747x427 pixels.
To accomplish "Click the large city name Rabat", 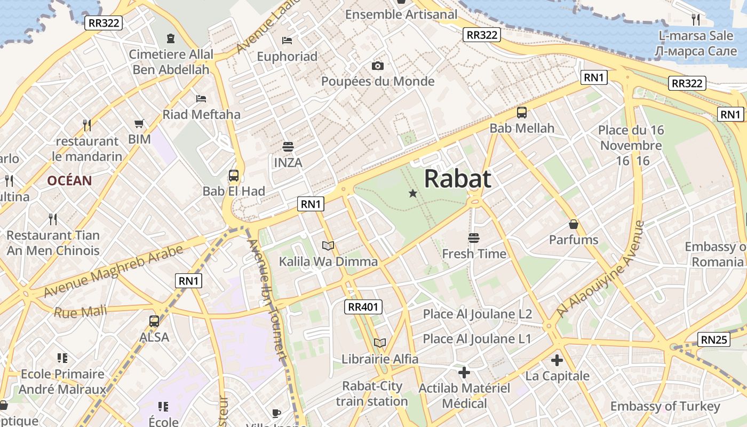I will click(x=457, y=179).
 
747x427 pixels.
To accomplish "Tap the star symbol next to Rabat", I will click(x=412, y=193).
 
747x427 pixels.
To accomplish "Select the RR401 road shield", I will click(x=364, y=306).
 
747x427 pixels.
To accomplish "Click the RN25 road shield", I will click(x=714, y=339).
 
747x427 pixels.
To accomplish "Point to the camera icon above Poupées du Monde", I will click(x=378, y=66).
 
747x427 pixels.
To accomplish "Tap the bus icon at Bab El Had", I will click(x=234, y=176).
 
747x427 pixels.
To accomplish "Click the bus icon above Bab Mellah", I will click(x=522, y=113).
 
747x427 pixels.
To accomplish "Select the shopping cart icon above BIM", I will click(x=139, y=124).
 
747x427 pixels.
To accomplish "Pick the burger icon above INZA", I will click(x=288, y=147).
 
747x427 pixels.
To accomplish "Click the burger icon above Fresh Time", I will click(x=473, y=238).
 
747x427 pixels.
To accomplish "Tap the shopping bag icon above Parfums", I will click(x=574, y=224).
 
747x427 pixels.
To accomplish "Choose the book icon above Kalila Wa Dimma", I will click(x=328, y=246).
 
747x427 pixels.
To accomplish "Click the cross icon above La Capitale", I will click(x=557, y=360).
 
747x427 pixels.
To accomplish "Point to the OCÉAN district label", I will click(x=69, y=180).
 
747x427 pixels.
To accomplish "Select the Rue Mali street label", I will click(x=81, y=311).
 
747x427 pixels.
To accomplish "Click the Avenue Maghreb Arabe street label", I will click(x=113, y=271).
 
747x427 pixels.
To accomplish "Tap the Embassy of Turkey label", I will click(x=665, y=406).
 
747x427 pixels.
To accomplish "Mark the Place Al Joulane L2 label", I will click(x=478, y=314).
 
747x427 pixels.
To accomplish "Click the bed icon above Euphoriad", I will click(x=287, y=41).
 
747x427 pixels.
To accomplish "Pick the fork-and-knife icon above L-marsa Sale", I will click(x=696, y=20).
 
